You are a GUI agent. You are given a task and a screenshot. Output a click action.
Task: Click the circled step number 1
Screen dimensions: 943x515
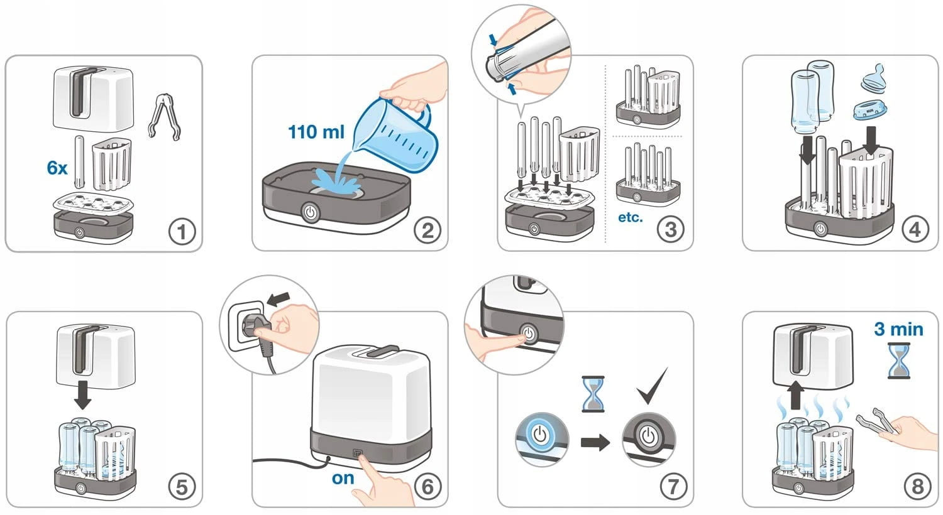point(182,232)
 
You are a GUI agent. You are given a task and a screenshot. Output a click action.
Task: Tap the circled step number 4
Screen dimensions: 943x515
point(915,230)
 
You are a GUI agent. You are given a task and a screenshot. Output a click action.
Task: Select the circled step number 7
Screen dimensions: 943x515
point(673,487)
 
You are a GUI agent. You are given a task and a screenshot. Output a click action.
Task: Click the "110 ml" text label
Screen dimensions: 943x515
point(316,132)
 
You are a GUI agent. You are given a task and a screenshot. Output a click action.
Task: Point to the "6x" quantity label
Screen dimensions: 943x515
point(57,168)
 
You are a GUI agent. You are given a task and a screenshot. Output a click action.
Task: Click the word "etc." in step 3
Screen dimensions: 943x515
point(630,217)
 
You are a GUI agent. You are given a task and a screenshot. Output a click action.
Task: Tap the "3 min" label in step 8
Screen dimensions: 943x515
point(898,329)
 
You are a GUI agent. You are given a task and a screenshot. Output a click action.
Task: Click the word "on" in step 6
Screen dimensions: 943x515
point(343,478)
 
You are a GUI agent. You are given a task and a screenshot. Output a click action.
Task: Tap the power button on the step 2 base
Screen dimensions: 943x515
point(311,212)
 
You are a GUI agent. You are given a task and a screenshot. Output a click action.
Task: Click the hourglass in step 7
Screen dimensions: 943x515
point(593,394)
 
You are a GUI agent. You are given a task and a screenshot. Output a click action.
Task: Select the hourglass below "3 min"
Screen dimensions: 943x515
point(899,360)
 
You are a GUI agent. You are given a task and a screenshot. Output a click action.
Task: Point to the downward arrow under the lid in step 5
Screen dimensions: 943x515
point(82,395)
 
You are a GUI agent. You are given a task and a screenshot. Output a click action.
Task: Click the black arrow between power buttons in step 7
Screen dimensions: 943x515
point(595,442)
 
